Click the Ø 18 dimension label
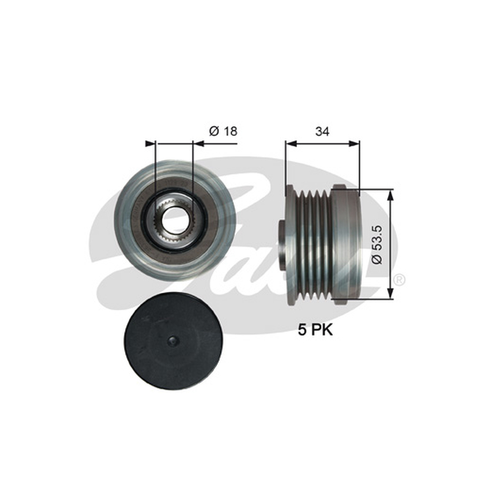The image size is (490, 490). pos(223,131)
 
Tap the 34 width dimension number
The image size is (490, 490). pos(322,132)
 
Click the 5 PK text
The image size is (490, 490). pos(315,330)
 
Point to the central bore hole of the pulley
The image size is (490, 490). pos(174,218)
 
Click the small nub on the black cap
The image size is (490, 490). pos(173,341)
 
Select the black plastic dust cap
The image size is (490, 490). pos(173,341)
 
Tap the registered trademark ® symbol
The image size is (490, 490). pos(399,279)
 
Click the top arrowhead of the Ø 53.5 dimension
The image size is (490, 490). pos(390,194)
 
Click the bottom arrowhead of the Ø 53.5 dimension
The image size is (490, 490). pos(390,293)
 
